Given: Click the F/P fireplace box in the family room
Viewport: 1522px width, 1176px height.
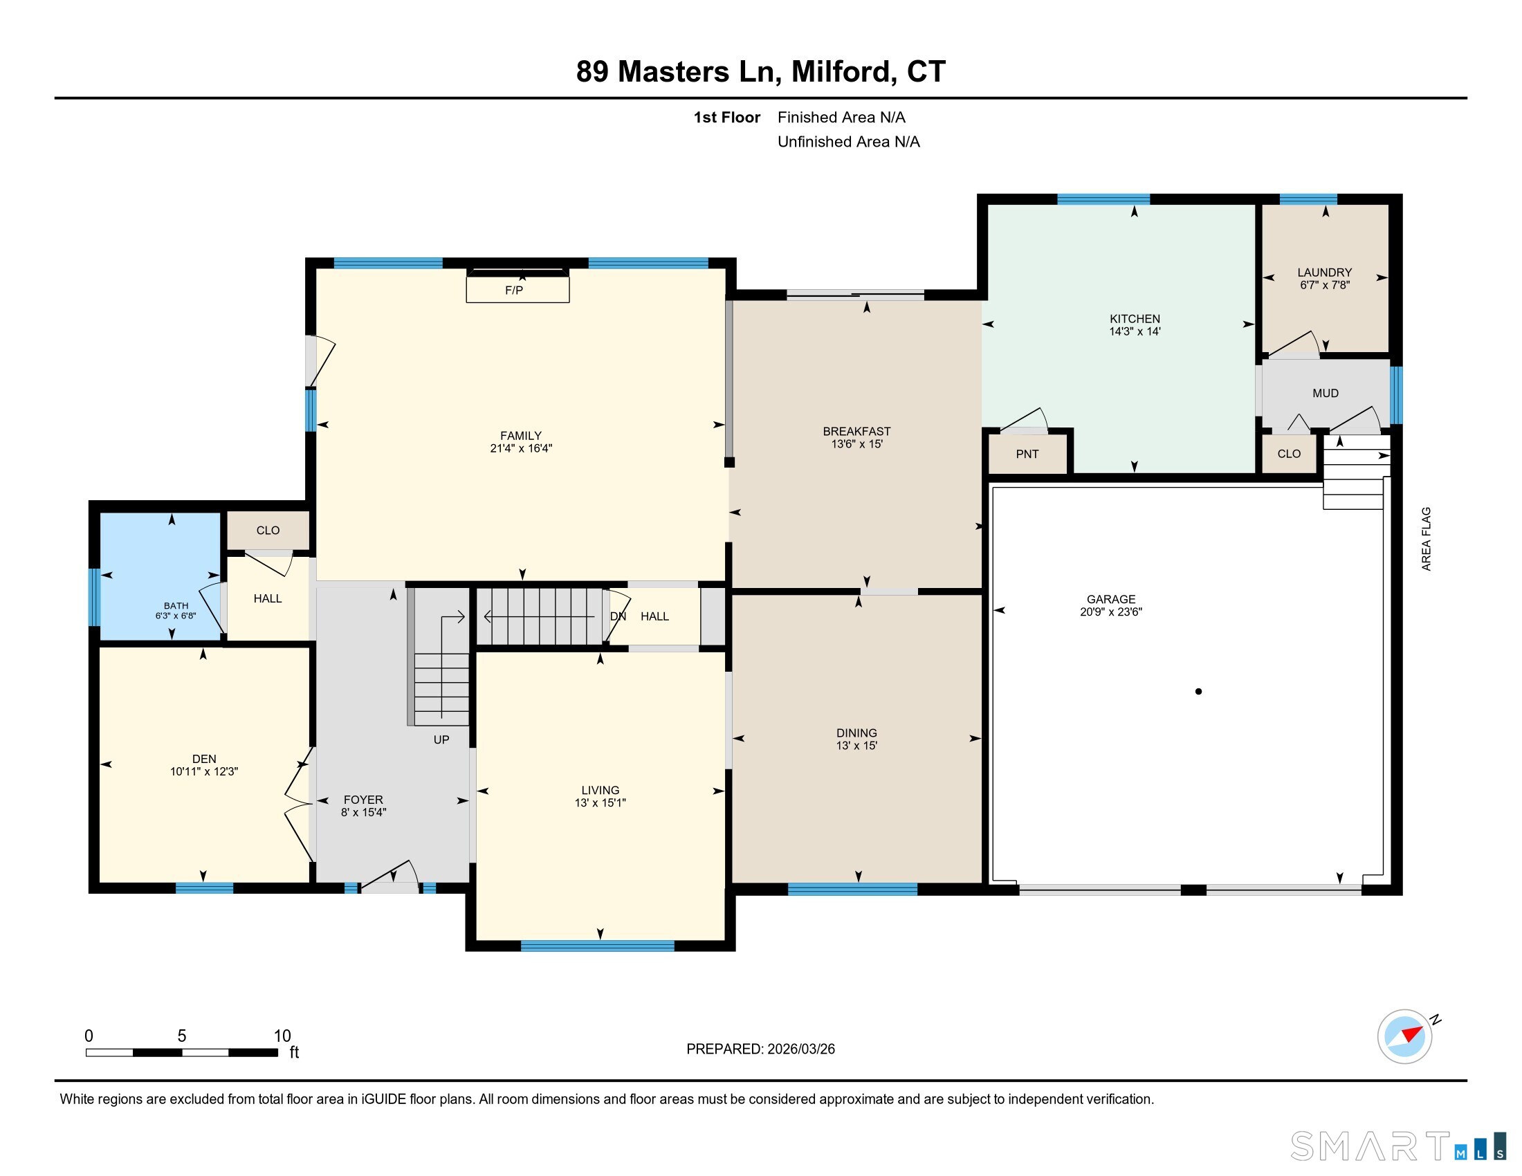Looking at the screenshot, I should (x=517, y=289).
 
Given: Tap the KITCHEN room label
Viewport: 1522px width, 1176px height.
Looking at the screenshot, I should (x=1135, y=319).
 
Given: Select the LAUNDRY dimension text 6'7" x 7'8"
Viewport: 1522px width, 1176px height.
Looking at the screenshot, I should (x=1324, y=285).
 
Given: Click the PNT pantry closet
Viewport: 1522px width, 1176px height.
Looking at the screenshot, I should (x=1027, y=454).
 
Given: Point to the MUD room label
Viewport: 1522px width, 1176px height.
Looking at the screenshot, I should (x=1325, y=394).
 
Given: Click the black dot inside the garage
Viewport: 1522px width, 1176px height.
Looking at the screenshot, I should (x=1198, y=692).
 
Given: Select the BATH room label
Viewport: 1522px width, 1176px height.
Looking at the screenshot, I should (x=176, y=606).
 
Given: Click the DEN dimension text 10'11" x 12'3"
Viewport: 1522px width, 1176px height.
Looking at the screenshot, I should (x=203, y=772).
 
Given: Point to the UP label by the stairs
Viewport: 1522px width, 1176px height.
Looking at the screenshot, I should (x=441, y=740).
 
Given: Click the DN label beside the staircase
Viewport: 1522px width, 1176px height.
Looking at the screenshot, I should (x=617, y=616).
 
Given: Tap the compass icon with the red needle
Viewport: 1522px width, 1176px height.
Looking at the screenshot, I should (x=1404, y=1036).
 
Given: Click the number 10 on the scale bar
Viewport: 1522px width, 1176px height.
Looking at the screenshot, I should (x=282, y=1036).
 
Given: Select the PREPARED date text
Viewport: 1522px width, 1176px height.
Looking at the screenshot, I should (x=760, y=1049).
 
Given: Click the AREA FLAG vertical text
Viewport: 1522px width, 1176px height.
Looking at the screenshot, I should (x=1426, y=538).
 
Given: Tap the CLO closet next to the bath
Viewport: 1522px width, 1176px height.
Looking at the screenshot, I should (x=268, y=531).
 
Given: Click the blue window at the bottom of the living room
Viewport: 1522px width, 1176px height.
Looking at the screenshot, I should (x=597, y=946).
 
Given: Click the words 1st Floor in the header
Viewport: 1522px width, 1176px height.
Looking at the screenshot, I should (x=726, y=118).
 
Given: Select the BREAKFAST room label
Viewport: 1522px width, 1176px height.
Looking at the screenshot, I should (x=856, y=432).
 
